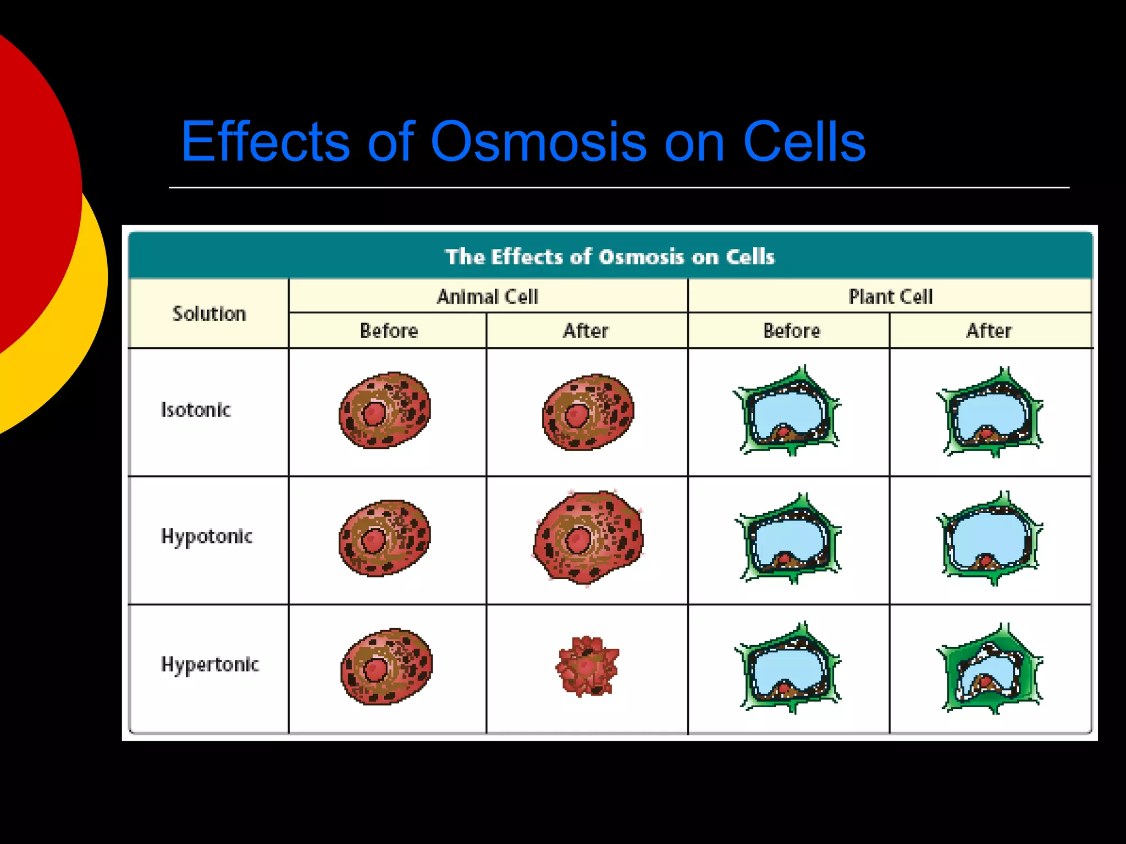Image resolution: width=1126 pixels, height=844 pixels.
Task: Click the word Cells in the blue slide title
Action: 804,142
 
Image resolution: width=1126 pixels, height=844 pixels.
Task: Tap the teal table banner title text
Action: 610,257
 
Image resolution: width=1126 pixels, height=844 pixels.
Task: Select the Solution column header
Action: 209,314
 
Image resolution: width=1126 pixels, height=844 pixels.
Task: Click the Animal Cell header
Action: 488,297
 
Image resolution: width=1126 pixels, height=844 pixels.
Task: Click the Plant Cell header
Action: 890,297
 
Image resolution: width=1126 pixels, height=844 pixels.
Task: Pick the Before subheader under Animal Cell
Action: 389,331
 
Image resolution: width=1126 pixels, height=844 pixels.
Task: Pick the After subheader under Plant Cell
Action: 989,331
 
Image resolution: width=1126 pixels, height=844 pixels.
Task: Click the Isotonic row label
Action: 195,410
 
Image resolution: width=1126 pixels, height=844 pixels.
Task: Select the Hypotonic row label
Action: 206,536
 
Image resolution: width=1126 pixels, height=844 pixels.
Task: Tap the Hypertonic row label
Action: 209,665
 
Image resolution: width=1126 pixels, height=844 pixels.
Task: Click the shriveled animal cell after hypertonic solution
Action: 587,666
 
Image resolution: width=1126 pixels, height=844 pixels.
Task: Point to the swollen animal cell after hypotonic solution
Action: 588,537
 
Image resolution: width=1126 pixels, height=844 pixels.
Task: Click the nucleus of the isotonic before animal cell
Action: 374,414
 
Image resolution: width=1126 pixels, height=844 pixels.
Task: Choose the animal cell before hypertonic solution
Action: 387,666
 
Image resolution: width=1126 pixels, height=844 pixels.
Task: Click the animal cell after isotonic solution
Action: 588,412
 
